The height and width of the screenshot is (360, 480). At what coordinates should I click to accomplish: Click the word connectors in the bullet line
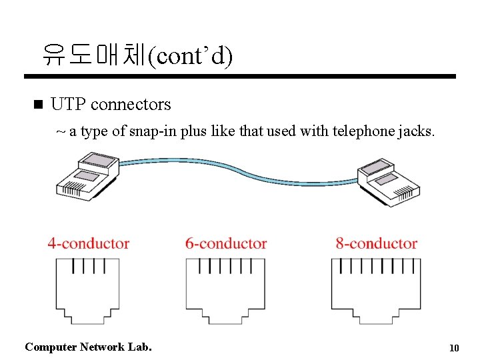coord(131,105)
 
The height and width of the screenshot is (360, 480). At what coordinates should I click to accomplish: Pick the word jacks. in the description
coord(419,131)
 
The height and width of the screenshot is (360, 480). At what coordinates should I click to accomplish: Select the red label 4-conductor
coord(88,244)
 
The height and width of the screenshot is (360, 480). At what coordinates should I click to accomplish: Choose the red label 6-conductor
coord(226,244)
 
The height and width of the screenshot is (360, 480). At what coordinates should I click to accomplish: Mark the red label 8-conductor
coord(377,244)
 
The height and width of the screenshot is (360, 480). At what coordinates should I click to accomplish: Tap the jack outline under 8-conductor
coord(377,291)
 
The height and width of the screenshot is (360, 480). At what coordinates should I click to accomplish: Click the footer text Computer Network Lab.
coord(88,347)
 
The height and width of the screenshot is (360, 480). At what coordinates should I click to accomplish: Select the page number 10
coord(454,348)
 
